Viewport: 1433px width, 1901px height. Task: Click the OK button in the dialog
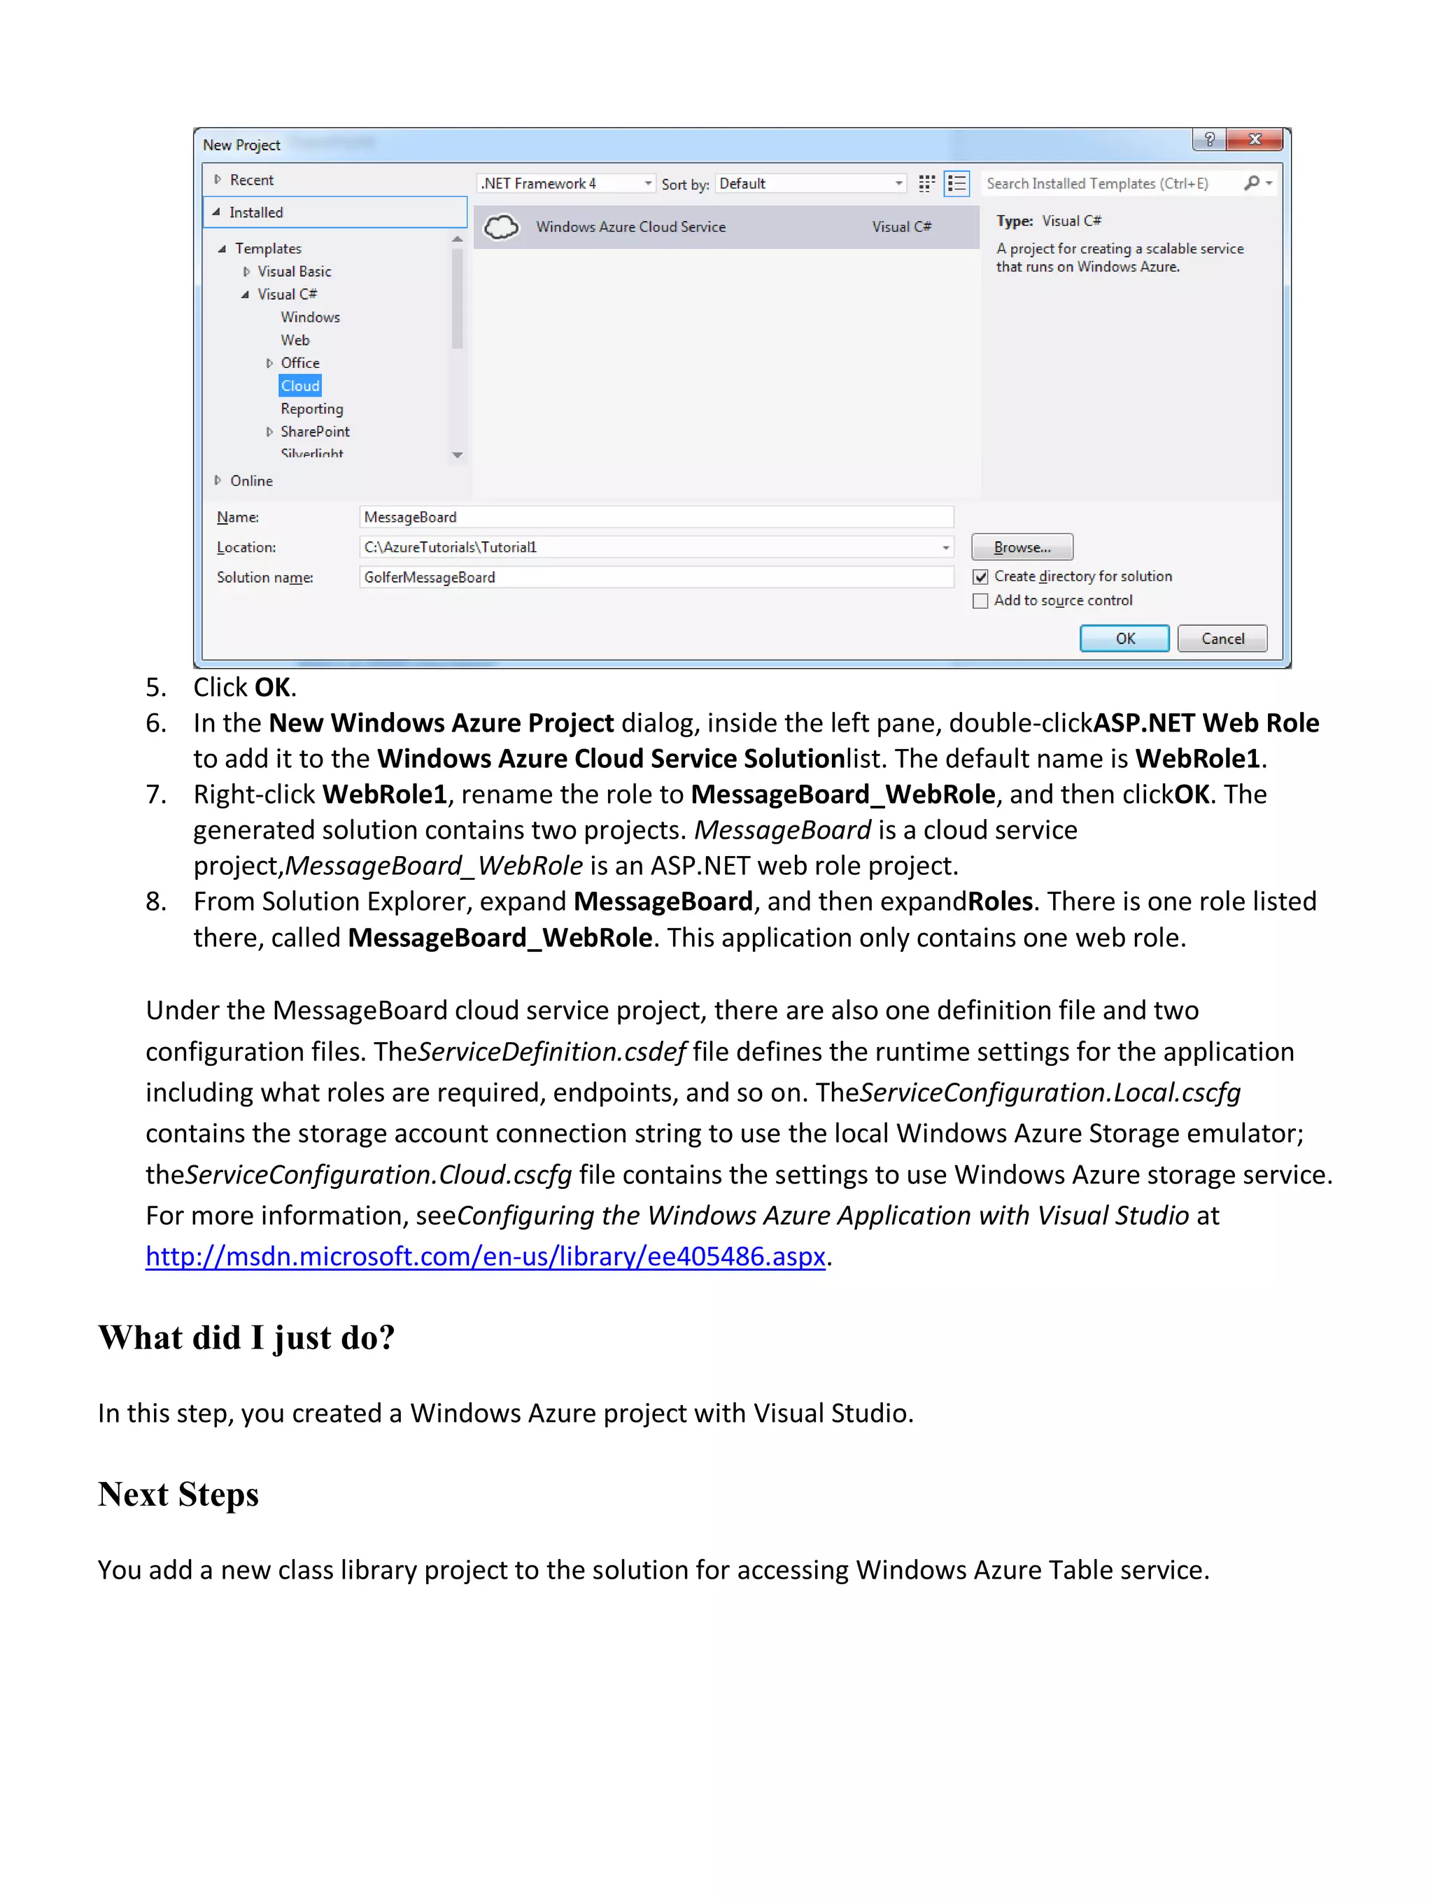tap(1124, 639)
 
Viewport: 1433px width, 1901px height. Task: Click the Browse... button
tap(1022, 548)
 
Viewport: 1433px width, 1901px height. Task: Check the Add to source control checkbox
tap(980, 601)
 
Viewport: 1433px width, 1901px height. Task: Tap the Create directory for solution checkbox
tap(980, 576)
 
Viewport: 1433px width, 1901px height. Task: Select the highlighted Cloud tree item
tap(300, 386)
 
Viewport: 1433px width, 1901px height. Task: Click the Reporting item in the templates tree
tap(311, 409)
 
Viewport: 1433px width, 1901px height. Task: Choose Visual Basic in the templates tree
tap(294, 271)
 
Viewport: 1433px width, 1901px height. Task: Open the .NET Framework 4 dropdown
tap(565, 184)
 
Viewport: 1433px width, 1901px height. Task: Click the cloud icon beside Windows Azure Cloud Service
tap(501, 227)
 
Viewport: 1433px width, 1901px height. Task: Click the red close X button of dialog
tap(1254, 139)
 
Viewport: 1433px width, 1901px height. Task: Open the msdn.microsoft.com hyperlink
tap(485, 1256)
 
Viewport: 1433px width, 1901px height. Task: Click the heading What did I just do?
tap(247, 1338)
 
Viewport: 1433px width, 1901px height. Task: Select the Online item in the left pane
tap(251, 481)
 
